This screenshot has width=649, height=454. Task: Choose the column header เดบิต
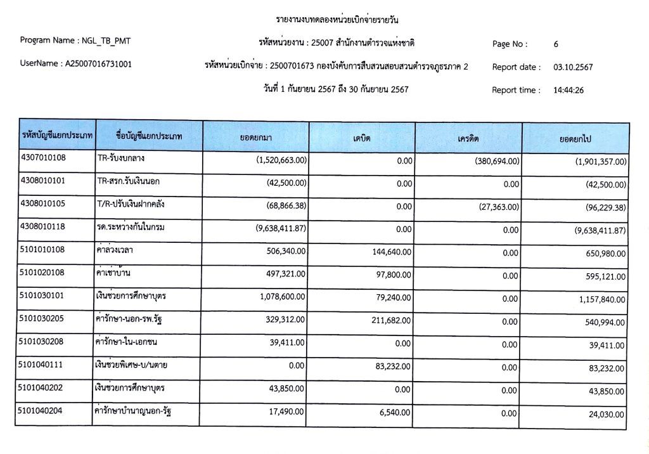click(x=362, y=138)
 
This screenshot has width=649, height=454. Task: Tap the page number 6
click(x=556, y=44)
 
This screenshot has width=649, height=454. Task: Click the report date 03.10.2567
click(x=573, y=67)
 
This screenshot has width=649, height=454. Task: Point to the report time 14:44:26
click(x=569, y=90)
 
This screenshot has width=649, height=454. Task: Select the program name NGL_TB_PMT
click(x=107, y=41)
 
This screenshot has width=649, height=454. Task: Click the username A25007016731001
click(x=98, y=64)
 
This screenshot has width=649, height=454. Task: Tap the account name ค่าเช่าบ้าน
click(x=119, y=273)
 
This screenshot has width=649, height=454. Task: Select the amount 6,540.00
click(x=396, y=412)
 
